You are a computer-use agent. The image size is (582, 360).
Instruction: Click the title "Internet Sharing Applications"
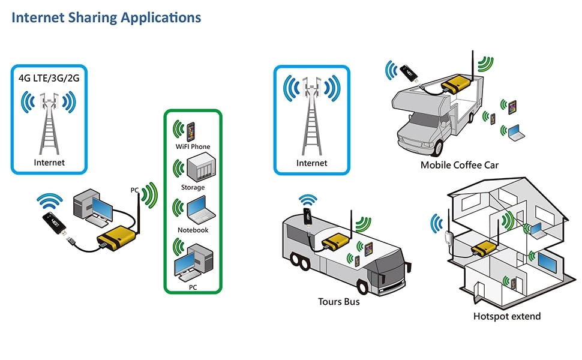(x=106, y=17)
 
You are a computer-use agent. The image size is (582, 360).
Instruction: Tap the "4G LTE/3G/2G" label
(x=48, y=77)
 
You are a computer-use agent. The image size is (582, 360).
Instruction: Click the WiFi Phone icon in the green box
(x=191, y=130)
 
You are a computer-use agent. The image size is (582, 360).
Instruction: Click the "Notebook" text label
(x=193, y=230)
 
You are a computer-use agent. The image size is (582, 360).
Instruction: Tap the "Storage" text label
(x=193, y=187)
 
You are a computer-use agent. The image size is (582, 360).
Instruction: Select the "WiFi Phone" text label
(x=193, y=146)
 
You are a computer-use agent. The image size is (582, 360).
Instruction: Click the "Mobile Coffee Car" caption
(x=459, y=165)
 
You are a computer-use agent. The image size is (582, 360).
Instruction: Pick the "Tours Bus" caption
(x=339, y=301)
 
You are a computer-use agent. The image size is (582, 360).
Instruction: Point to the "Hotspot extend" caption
(x=506, y=316)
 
